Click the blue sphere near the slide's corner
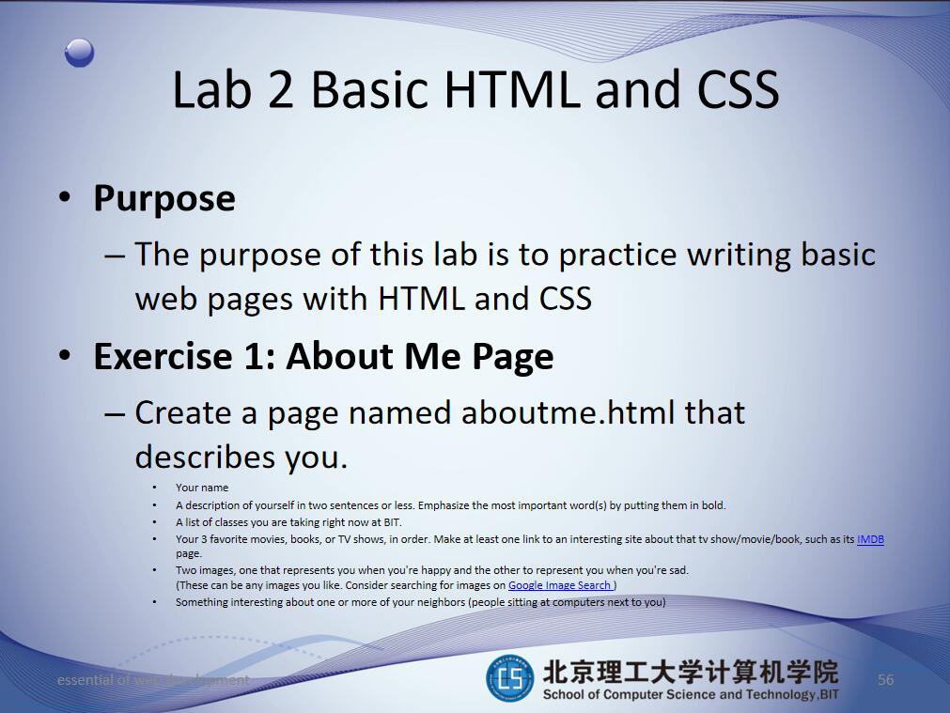tap(79, 53)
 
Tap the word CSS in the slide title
tap(738, 89)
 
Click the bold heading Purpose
tap(164, 198)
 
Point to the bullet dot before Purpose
tap(64, 198)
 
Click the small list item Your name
tap(201, 488)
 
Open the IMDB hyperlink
tap(870, 539)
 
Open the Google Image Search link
tap(561, 585)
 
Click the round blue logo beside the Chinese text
tap(508, 679)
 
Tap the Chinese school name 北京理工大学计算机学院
tap(690, 672)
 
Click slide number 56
tap(885, 680)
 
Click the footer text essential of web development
tap(153, 680)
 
